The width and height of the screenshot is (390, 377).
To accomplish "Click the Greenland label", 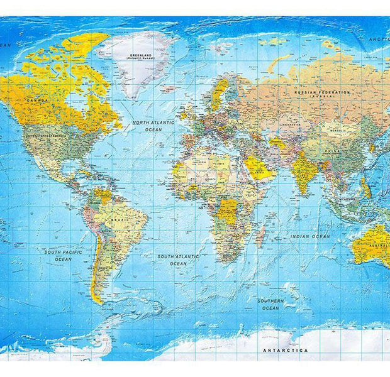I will [141, 56].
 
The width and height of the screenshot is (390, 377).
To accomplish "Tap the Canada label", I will [36, 100].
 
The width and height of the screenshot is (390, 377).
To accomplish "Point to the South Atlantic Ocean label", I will [178, 260].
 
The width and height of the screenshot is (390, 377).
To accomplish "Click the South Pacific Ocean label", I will [63, 255].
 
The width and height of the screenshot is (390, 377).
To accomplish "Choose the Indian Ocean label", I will [309, 236].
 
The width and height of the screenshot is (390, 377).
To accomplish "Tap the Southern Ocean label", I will [270, 304].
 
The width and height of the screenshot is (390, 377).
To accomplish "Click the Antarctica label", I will [285, 350].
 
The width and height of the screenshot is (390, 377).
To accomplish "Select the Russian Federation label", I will [322, 93].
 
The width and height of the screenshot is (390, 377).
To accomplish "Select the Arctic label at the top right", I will [379, 39].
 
